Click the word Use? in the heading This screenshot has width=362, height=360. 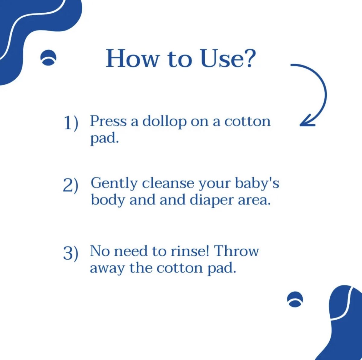(x=228, y=58)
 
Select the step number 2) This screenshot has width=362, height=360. (x=71, y=185)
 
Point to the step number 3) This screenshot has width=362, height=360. (x=71, y=253)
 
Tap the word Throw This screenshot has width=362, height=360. (x=236, y=251)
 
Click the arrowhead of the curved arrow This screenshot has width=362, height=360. (x=306, y=121)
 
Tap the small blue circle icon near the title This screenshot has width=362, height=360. (x=48, y=57)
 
